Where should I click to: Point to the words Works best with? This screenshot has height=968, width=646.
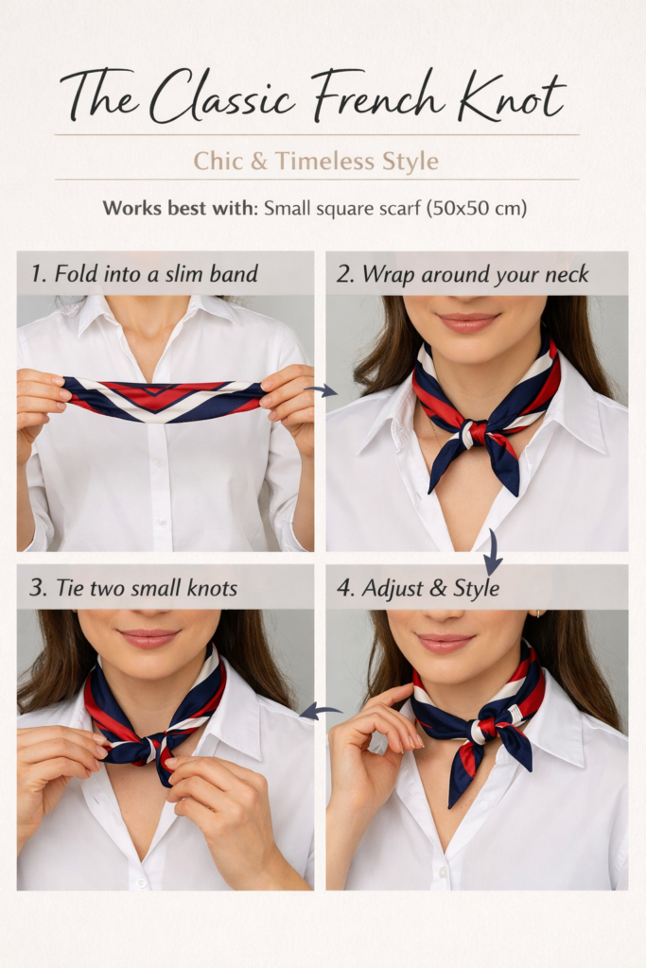(x=179, y=208)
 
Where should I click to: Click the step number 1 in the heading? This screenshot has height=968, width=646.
(x=36, y=274)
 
